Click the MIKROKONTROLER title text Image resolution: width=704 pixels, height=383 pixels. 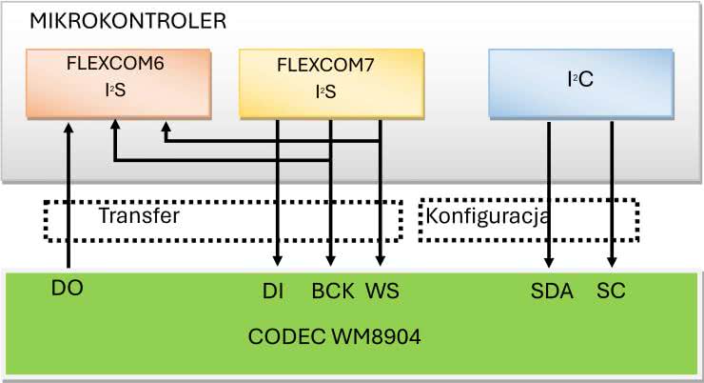(x=129, y=20)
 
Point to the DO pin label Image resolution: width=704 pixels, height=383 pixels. (x=69, y=287)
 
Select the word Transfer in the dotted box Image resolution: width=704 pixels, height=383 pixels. (x=139, y=215)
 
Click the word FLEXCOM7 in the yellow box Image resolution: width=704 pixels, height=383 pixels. (x=314, y=67)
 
